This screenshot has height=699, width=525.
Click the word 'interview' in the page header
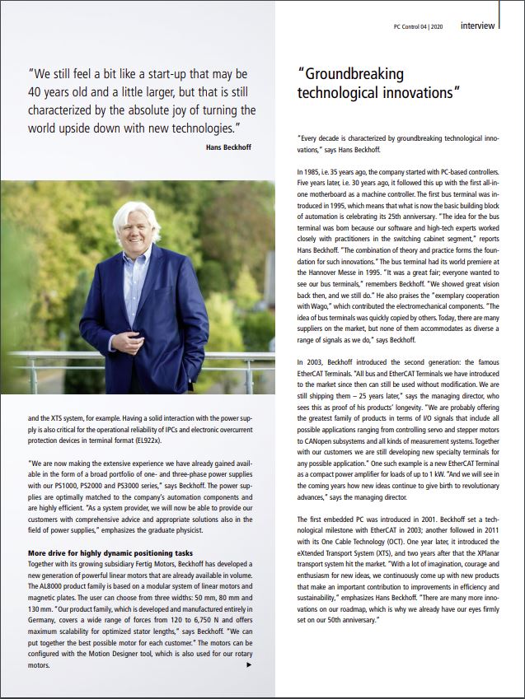(478, 26)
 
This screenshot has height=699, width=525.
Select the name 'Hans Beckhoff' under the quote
(230, 147)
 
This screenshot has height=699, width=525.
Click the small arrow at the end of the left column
(249, 664)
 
